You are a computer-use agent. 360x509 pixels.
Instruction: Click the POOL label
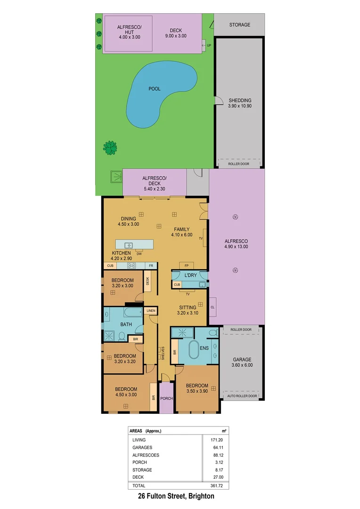[154, 89]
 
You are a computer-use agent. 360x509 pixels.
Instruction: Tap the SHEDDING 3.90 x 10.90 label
[240, 103]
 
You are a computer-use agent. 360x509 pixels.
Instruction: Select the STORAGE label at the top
[240, 25]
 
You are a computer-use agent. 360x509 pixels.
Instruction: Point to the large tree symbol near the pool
[110, 148]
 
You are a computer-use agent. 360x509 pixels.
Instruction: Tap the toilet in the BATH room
[122, 337]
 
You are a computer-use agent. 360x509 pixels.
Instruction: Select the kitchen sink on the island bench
[128, 245]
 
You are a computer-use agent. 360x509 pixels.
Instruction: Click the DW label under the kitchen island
[139, 254]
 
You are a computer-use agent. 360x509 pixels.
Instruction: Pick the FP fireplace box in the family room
[186, 266]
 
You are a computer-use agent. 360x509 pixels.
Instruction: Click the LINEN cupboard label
[151, 311]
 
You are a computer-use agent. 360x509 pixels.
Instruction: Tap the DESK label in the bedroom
[147, 281]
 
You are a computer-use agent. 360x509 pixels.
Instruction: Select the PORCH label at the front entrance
[166, 398]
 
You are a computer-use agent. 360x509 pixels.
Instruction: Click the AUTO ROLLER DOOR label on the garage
[242, 396]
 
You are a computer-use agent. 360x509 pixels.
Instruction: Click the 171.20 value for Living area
[216, 440]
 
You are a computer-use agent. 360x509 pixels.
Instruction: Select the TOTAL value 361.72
[216, 485]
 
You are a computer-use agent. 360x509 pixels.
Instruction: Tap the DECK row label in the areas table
[139, 477]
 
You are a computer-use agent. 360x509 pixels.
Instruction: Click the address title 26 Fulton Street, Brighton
[176, 496]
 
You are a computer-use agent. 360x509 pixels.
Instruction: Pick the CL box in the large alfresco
[213, 307]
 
